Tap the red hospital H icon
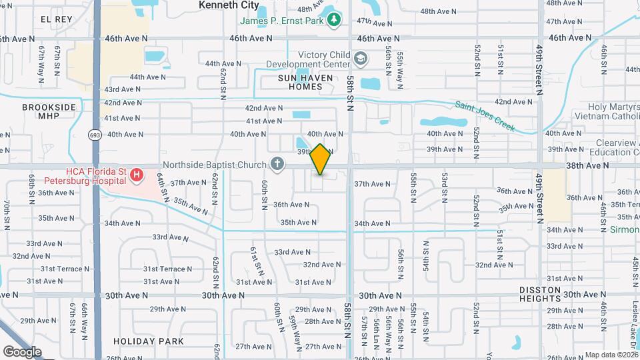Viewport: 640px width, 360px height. click(137, 175)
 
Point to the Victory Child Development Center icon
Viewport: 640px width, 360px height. click(361, 60)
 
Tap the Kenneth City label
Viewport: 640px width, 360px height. click(229, 5)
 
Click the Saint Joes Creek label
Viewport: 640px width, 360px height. click(485, 115)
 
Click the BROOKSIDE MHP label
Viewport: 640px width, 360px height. click(49, 112)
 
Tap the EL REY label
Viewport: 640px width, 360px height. click(56, 19)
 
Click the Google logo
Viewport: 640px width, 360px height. click(21, 351)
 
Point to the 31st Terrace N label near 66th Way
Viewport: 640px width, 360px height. click(65, 269)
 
